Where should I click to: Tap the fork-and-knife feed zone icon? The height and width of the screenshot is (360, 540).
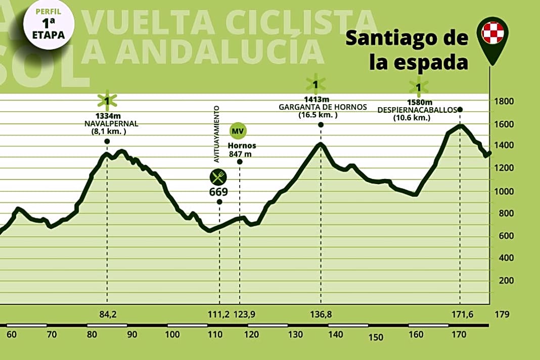(218, 177)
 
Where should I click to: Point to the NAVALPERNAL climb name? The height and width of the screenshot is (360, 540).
(107, 123)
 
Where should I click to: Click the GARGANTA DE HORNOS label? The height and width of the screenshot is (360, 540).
(314, 107)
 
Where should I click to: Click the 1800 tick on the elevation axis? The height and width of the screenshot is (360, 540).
(504, 102)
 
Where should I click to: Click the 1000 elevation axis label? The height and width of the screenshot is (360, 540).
(504, 191)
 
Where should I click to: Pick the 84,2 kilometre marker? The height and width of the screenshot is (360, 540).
(108, 314)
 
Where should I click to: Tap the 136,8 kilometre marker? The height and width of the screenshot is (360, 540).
(321, 314)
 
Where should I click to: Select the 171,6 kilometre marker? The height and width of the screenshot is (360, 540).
(460, 314)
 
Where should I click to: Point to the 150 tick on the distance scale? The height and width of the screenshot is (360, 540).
(376, 338)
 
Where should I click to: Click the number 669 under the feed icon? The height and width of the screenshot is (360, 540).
(218, 192)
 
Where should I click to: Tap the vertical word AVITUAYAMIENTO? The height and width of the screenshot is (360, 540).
(216, 133)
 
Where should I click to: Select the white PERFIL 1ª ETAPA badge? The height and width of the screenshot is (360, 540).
(49, 24)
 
